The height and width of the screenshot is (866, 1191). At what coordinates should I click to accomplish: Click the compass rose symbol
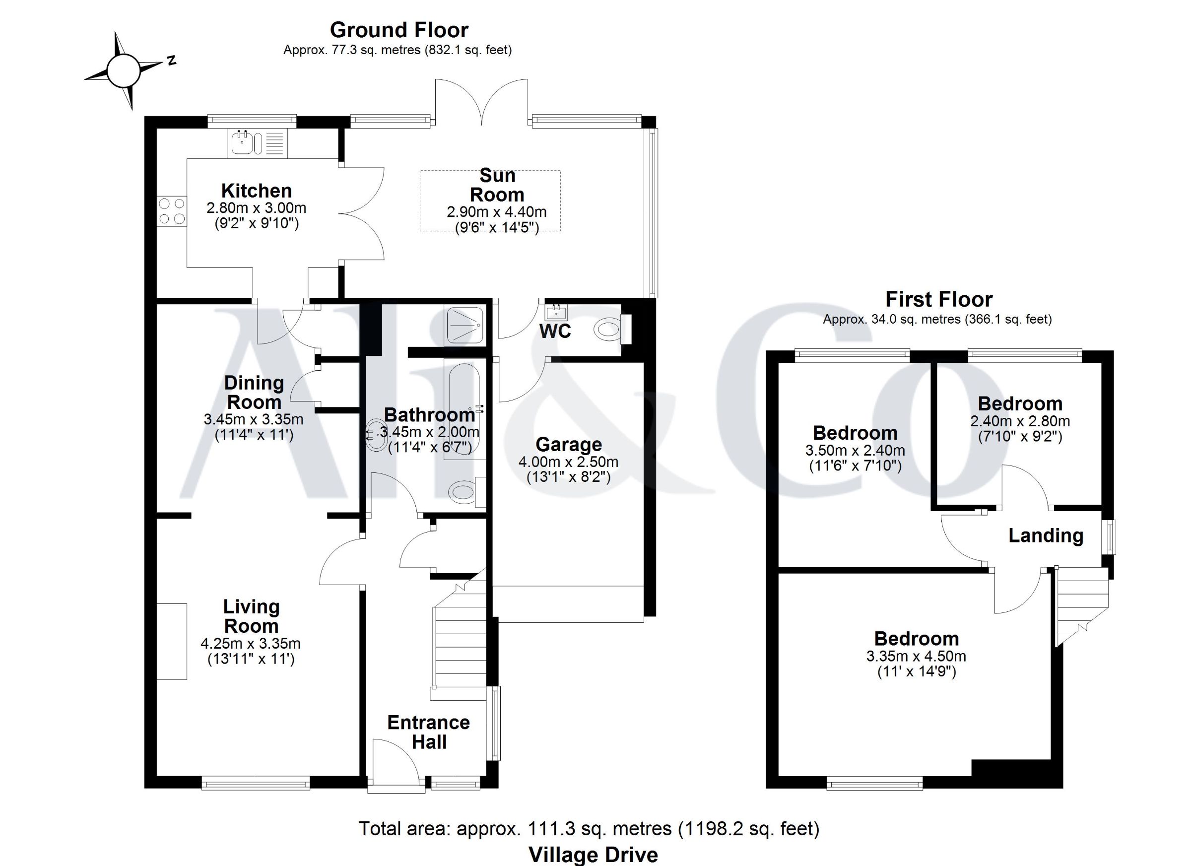[124, 70]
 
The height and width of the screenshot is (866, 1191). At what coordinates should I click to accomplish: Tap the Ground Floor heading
[398, 30]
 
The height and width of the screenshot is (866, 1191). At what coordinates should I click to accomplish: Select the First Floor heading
[939, 299]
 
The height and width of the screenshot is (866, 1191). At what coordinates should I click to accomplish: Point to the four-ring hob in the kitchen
[172, 210]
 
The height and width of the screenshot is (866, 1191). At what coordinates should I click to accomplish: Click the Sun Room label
[497, 185]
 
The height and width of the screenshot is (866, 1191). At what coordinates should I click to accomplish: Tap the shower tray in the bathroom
[465, 325]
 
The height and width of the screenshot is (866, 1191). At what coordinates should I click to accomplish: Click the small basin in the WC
[556, 313]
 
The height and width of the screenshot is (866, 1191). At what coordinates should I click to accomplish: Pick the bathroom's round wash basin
[378, 435]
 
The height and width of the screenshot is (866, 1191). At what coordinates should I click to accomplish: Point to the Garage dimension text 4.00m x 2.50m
[568, 462]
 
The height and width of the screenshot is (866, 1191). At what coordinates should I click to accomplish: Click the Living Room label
[251, 616]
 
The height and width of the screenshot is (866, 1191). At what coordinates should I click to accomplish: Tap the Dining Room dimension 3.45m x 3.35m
[254, 419]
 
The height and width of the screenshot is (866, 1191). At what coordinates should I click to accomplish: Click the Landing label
[1046, 535]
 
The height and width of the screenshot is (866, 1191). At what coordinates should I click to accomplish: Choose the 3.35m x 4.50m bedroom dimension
[917, 656]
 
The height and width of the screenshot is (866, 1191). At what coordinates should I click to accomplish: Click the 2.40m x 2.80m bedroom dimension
[1020, 421]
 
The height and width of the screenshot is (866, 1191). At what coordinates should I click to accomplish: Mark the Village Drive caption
[593, 855]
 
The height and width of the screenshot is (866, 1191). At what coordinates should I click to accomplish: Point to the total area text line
[589, 828]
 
